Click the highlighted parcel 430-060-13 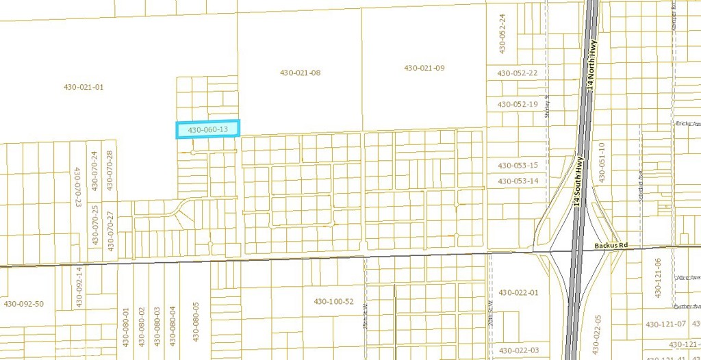pos(208,129)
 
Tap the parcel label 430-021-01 pos(84,87)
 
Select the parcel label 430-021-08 pos(301,73)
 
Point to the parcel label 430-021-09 pos(424,68)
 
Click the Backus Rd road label pos(611,245)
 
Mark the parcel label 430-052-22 pos(518,73)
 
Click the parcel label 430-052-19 pos(518,104)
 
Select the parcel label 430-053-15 pos(518,166)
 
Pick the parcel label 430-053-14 pos(518,181)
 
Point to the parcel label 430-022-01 pos(519,293)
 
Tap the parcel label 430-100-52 pos(334,302)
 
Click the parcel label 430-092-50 pos(24,304)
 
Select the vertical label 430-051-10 pos(602,162)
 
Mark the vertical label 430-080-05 pos(196,322)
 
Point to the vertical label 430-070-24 pos(94,171)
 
